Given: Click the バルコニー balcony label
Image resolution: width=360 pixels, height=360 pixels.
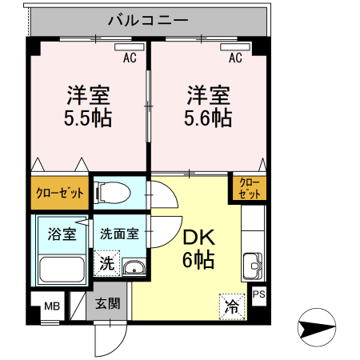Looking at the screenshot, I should click(149, 18).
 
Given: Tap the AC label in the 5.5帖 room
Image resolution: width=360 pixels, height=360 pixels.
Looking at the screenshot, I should click(130, 57).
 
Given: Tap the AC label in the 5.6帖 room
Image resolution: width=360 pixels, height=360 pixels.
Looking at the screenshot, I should click(235, 57).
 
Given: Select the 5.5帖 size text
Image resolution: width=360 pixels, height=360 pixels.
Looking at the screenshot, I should click(88, 119).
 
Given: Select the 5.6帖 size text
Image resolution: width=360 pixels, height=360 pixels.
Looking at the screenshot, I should click(210, 119).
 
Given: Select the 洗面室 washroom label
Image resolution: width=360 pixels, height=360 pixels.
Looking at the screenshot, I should click(120, 235).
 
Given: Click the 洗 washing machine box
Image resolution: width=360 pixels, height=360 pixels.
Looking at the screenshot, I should click(106, 262).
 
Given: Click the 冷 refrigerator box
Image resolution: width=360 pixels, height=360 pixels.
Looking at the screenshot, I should click(231, 305).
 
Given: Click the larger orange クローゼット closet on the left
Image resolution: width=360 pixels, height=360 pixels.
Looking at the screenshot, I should click(60, 193).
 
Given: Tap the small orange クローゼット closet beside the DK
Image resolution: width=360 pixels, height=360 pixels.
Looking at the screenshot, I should click(249, 188).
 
